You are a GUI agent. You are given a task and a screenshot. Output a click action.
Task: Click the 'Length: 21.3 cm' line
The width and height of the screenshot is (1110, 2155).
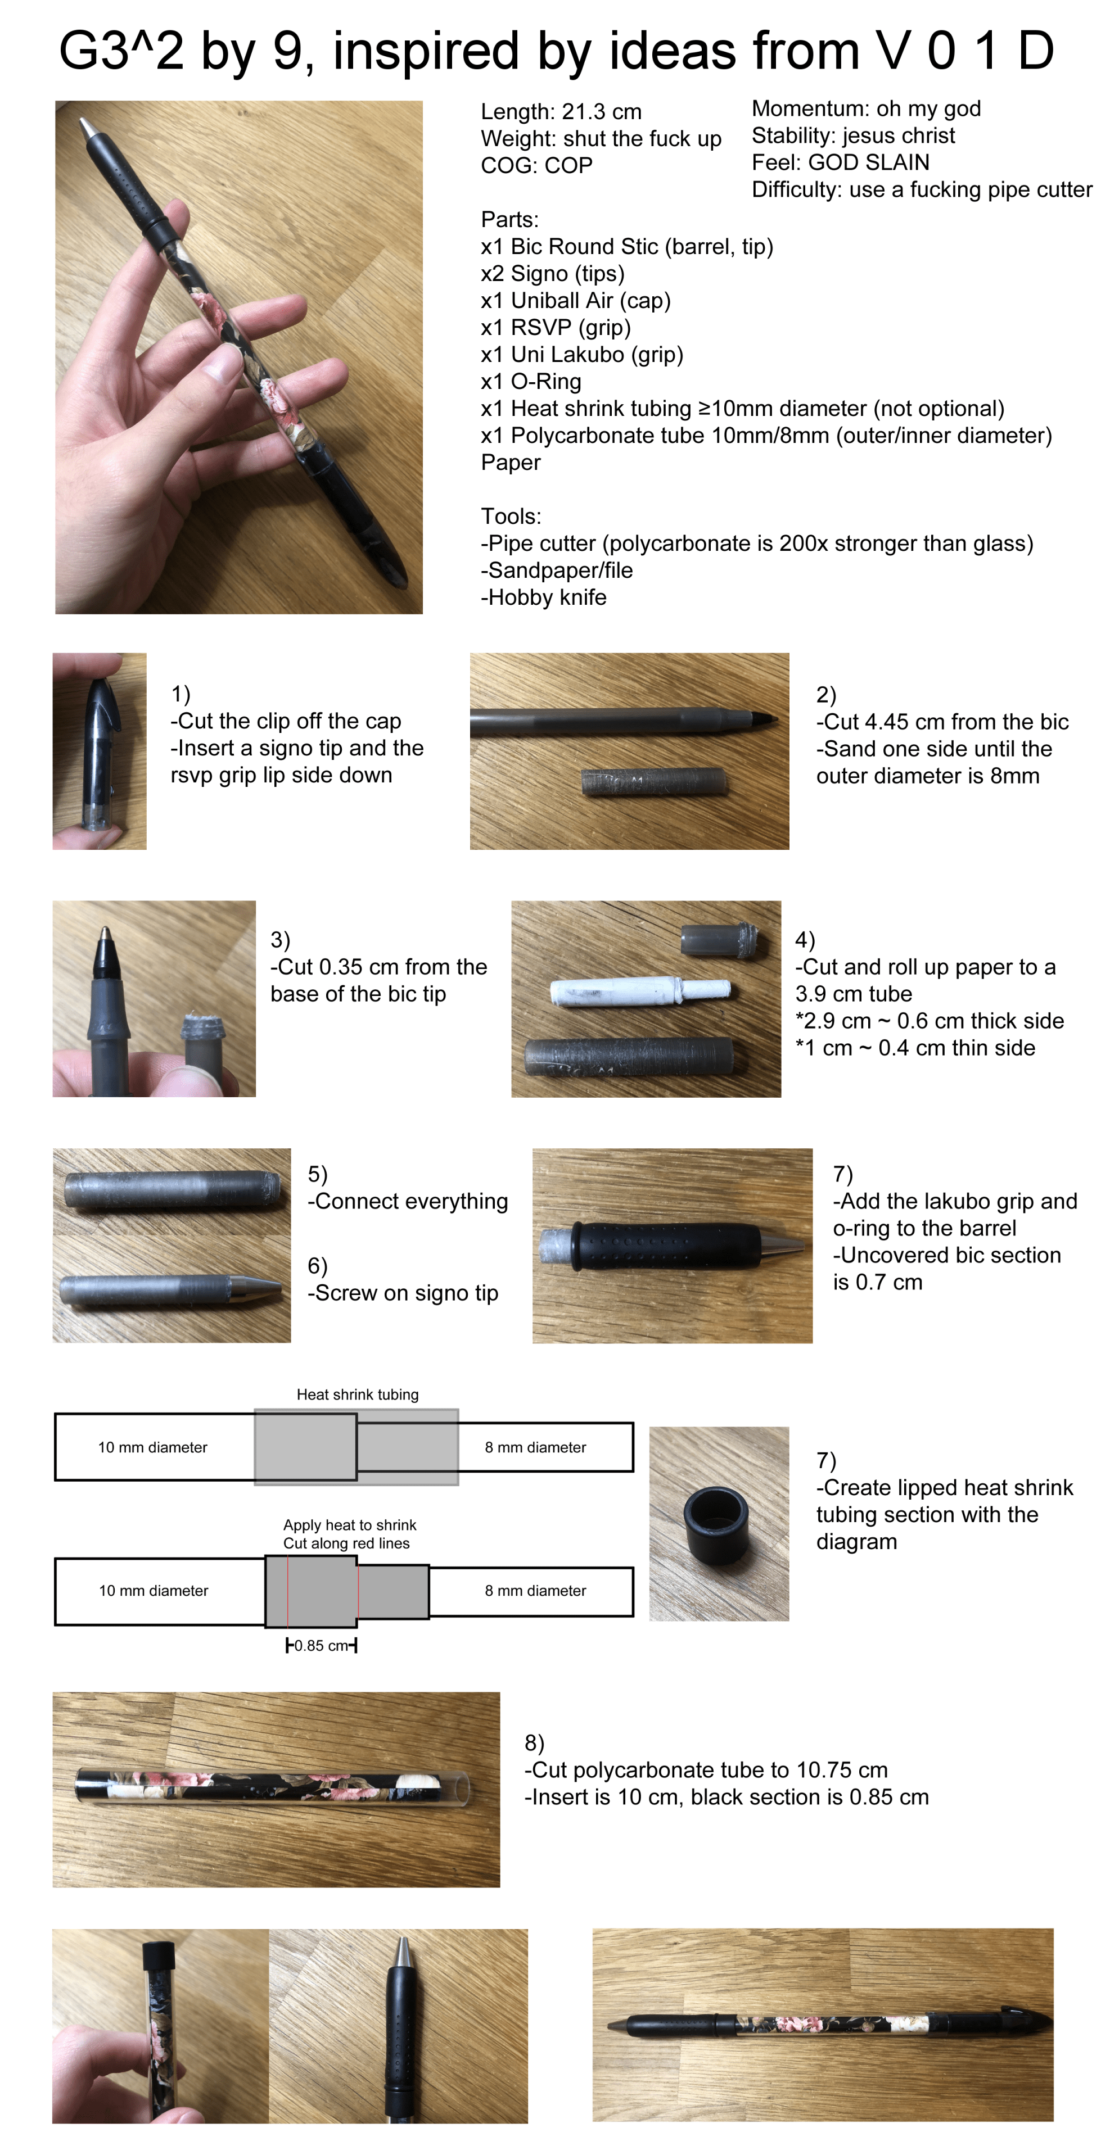[561, 112]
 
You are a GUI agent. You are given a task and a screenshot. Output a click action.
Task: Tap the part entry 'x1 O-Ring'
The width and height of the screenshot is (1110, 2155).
[531, 382]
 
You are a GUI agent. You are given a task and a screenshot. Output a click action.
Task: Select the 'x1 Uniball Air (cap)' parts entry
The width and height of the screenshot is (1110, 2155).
[576, 301]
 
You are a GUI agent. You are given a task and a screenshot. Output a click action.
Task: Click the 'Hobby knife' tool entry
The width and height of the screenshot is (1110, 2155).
[543, 597]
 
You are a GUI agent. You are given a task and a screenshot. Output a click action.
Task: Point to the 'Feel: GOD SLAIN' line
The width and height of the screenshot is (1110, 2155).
[841, 162]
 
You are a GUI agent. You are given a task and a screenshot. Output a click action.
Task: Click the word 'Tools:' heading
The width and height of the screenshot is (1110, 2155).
[511, 516]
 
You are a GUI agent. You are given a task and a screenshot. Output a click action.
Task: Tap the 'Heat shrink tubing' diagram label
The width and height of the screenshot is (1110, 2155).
[358, 1395]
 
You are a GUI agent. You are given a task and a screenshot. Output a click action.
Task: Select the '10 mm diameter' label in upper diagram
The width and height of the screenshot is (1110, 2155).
[152, 1447]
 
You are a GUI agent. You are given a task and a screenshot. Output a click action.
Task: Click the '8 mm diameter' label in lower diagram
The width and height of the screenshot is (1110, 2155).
[536, 1590]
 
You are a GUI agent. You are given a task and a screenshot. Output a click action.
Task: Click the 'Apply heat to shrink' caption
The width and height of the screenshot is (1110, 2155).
[349, 1525]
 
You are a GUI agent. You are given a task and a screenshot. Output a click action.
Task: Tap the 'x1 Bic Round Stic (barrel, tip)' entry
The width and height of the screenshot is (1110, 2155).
[627, 247]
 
